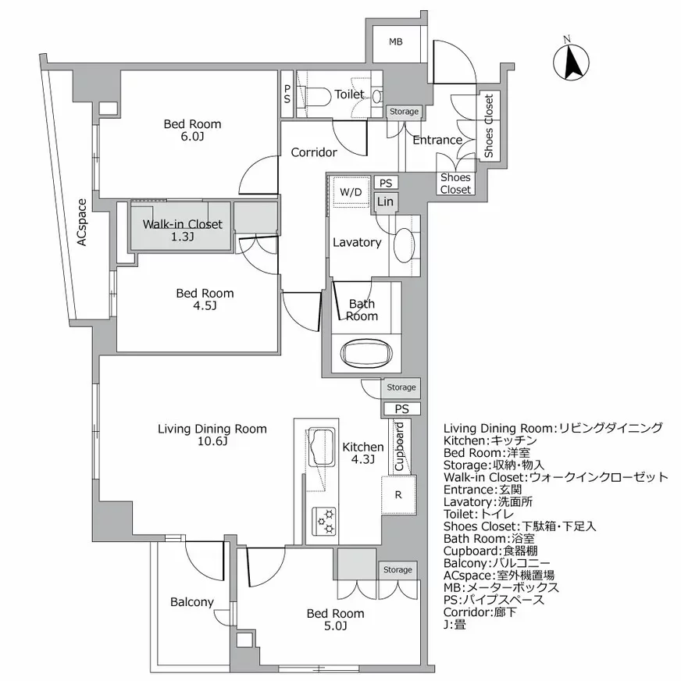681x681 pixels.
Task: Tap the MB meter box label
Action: [396, 41]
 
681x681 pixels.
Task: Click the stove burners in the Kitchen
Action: [323, 521]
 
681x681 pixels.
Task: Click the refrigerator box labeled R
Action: [398, 494]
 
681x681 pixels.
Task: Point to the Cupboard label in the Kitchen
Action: [398, 447]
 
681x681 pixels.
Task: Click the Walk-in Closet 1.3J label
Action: [182, 230]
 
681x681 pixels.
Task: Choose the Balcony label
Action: [191, 602]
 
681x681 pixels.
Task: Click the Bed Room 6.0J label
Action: [192, 130]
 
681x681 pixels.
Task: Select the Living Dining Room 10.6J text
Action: [212, 435]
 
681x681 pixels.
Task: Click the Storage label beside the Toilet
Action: [404, 112]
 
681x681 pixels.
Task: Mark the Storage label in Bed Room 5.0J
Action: [398, 569]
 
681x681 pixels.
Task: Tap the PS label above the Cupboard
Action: [401, 408]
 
